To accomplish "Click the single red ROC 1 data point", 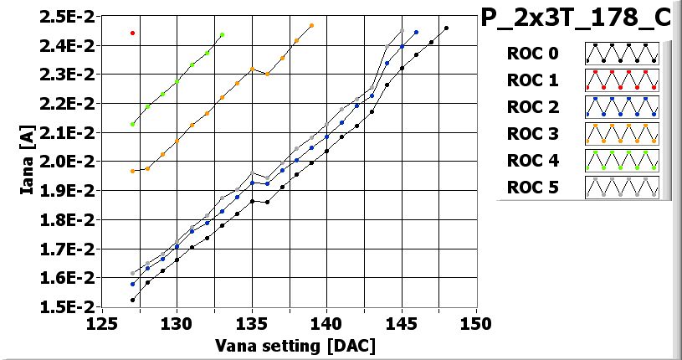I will pyautogui.click(x=132, y=33).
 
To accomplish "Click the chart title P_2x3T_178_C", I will pyautogui.click(x=576, y=18).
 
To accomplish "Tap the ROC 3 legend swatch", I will pyautogui.click(x=622, y=134).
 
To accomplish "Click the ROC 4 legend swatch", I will pyautogui.click(x=622, y=161).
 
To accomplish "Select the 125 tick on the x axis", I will pyautogui.click(x=101, y=323).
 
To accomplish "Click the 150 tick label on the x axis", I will pyautogui.click(x=476, y=323).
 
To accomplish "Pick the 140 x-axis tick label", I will pyautogui.click(x=326, y=323).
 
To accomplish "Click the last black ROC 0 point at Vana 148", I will pyautogui.click(x=446, y=28).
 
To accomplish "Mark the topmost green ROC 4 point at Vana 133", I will pyautogui.click(x=222, y=35).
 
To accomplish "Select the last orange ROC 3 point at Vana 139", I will pyautogui.click(x=311, y=26).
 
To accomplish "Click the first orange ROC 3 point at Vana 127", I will pyautogui.click(x=132, y=171).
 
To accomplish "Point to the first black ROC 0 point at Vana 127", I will pyautogui.click(x=132, y=300).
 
